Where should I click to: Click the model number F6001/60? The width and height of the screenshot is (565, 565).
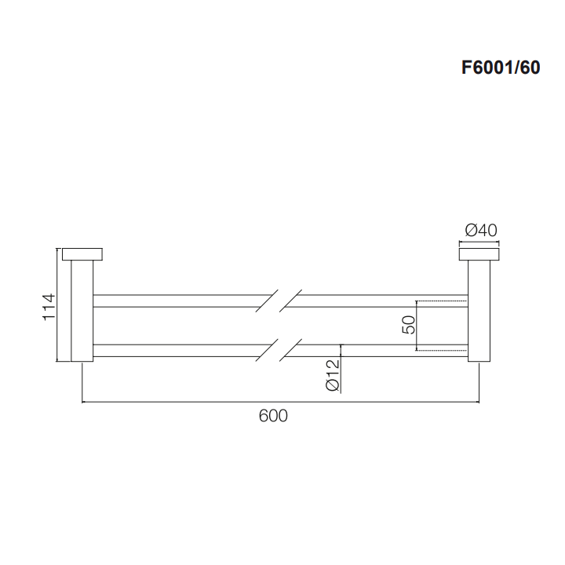(x=500, y=68)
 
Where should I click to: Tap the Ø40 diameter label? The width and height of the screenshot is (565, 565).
(x=480, y=231)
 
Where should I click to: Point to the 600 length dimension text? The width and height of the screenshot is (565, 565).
(x=273, y=416)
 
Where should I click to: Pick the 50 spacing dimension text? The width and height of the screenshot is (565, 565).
(x=407, y=325)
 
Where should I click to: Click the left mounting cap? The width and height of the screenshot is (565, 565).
(x=82, y=254)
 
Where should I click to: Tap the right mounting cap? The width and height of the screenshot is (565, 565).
(x=479, y=254)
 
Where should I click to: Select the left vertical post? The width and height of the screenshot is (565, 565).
(x=82, y=310)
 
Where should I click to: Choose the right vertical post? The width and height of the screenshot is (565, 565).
(x=479, y=310)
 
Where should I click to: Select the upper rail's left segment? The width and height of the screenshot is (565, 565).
(x=180, y=301)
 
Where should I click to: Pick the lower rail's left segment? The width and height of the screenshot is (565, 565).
(x=180, y=350)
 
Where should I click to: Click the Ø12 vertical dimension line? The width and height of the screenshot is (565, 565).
(x=341, y=369)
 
